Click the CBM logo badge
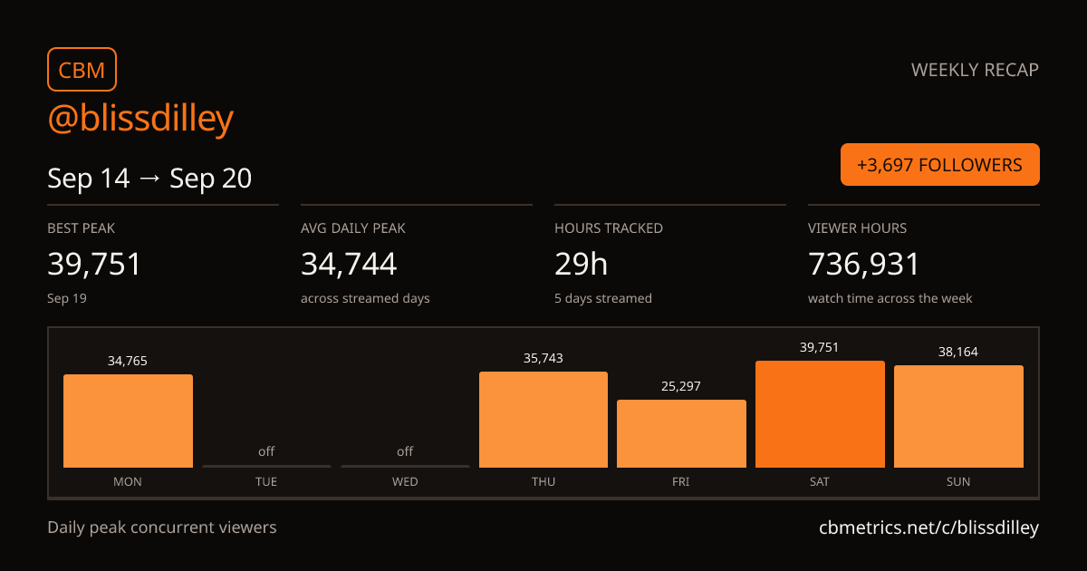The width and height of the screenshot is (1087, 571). click(82, 70)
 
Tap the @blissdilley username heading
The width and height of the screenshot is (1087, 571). click(140, 118)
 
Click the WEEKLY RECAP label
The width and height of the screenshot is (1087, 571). click(975, 70)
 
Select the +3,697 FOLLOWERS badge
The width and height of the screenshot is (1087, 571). click(939, 165)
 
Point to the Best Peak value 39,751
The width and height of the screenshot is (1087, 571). click(94, 264)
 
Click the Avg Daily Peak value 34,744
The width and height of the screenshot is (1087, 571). click(349, 264)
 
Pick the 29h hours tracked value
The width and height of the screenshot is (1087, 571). click(581, 264)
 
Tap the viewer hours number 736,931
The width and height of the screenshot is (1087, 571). click(864, 264)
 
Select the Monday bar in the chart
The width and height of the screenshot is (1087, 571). click(128, 421)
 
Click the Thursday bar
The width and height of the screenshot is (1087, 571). click(543, 420)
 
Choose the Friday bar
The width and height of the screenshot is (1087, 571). click(681, 433)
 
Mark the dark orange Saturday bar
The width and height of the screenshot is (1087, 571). click(820, 414)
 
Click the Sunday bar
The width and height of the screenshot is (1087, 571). click(958, 417)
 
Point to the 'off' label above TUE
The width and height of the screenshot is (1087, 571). click(266, 451)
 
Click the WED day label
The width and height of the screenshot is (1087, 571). click(405, 481)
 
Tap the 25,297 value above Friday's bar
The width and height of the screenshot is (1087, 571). click(681, 386)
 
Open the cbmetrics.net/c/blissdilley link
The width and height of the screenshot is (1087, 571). click(928, 527)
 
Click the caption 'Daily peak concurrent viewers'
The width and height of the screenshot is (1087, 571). click(162, 527)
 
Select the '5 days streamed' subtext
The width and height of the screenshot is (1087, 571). click(603, 298)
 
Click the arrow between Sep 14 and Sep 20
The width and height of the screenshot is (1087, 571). click(149, 179)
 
